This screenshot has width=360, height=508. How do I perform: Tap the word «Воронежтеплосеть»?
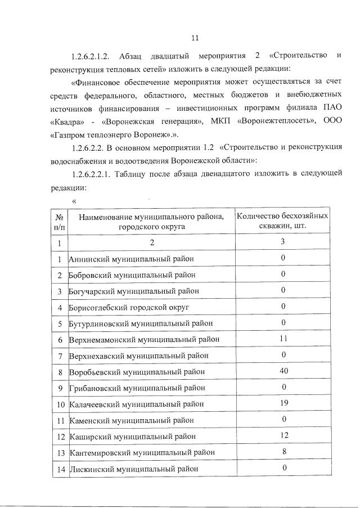274,122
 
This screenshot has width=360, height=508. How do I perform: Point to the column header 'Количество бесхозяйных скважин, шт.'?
283,221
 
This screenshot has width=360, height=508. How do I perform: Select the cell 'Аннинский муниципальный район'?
131,259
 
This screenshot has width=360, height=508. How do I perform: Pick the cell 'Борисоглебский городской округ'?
129,307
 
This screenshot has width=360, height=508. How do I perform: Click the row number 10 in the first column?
59,404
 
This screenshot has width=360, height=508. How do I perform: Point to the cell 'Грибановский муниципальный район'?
137,388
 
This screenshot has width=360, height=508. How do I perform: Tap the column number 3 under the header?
283,242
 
